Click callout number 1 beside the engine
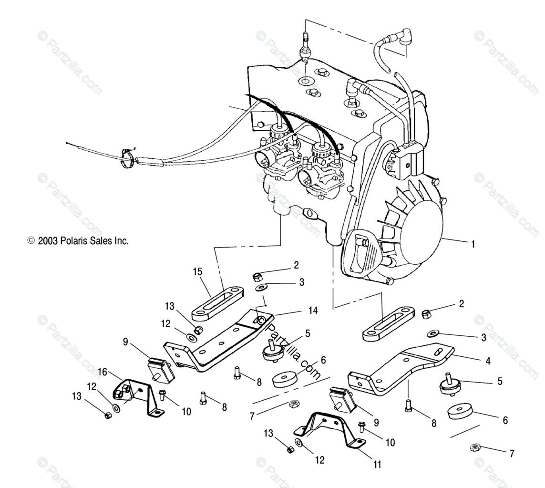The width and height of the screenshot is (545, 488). pos(473,244)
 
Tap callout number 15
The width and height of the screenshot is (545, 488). pos(197,272)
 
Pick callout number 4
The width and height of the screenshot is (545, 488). pos(487,361)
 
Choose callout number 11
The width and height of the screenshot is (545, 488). pos(377,464)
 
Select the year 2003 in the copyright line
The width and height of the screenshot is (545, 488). pos(48,241)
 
